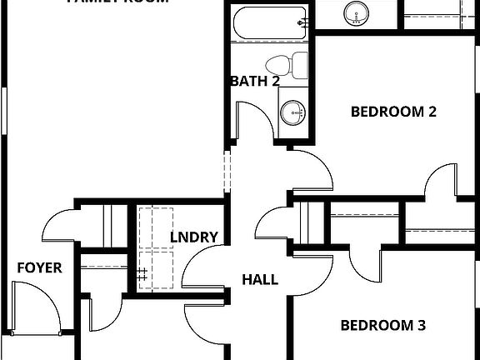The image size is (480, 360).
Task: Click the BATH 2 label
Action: [x=254, y=82]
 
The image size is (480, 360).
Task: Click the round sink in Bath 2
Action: [x=292, y=112]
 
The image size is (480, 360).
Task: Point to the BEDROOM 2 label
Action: [x=394, y=112]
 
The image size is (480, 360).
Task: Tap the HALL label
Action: [x=260, y=280]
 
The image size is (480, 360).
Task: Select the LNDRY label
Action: [x=194, y=237]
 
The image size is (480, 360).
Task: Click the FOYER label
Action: [x=39, y=267]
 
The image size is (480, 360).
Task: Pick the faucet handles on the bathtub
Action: [x=304, y=22]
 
